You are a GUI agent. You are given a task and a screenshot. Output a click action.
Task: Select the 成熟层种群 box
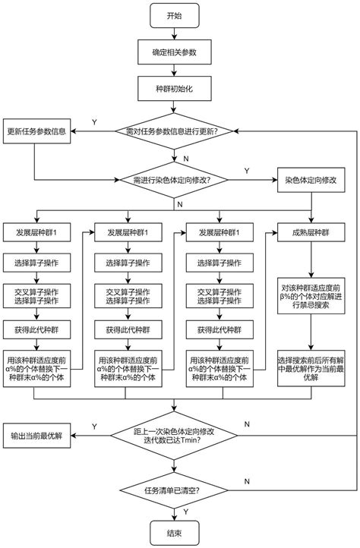(x=311, y=232)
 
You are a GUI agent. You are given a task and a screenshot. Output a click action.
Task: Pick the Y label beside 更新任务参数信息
(x=93, y=122)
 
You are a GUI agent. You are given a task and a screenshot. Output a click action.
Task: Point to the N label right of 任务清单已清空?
(x=248, y=481)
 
